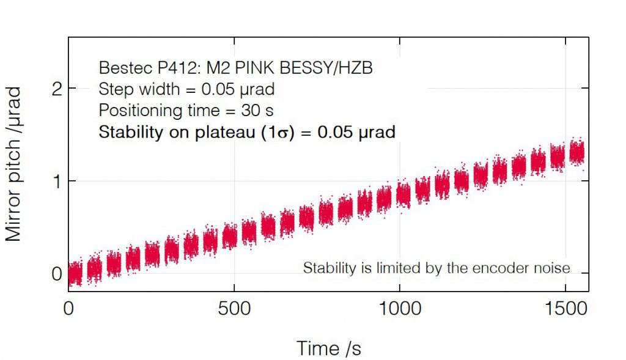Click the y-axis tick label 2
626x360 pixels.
coord(56,89)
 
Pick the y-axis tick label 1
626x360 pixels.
coord(56,182)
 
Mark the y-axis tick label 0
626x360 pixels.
coord(56,274)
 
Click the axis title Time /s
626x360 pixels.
coord(329,348)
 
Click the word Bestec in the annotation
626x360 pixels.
coord(120,68)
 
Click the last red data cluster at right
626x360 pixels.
coord(576,152)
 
